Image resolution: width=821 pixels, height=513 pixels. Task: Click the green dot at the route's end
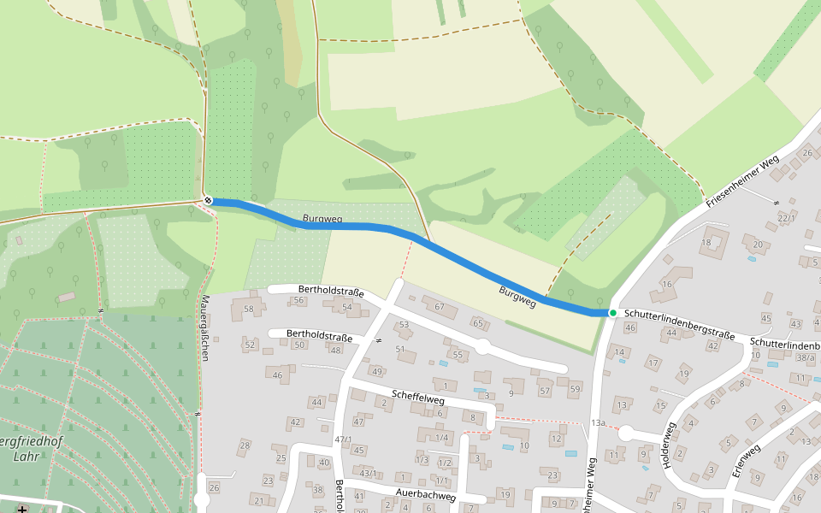click(612, 313)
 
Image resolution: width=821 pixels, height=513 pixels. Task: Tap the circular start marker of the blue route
click(208, 201)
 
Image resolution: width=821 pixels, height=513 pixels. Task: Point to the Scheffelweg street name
click(418, 397)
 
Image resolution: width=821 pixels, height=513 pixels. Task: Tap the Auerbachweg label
click(426, 495)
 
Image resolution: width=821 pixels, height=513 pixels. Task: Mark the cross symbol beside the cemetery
click(21, 510)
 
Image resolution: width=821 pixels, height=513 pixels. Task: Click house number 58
click(249, 308)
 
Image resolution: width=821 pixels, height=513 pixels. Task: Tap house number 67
click(440, 306)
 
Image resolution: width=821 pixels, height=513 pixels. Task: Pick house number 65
click(477, 323)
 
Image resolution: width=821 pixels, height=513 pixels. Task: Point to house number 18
click(706, 243)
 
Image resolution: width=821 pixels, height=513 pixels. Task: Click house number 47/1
click(343, 439)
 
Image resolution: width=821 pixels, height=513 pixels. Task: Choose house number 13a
click(598, 423)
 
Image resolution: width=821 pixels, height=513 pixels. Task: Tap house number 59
click(575, 389)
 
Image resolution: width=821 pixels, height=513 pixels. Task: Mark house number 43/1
click(368, 473)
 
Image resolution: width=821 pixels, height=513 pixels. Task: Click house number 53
click(404, 324)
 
